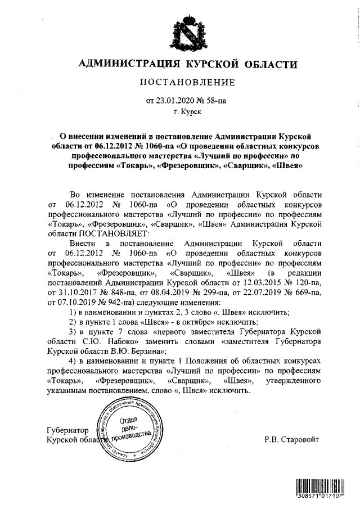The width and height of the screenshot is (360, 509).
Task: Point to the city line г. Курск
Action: (x=186, y=112)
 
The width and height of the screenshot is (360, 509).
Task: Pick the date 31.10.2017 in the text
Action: (x=79, y=292)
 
